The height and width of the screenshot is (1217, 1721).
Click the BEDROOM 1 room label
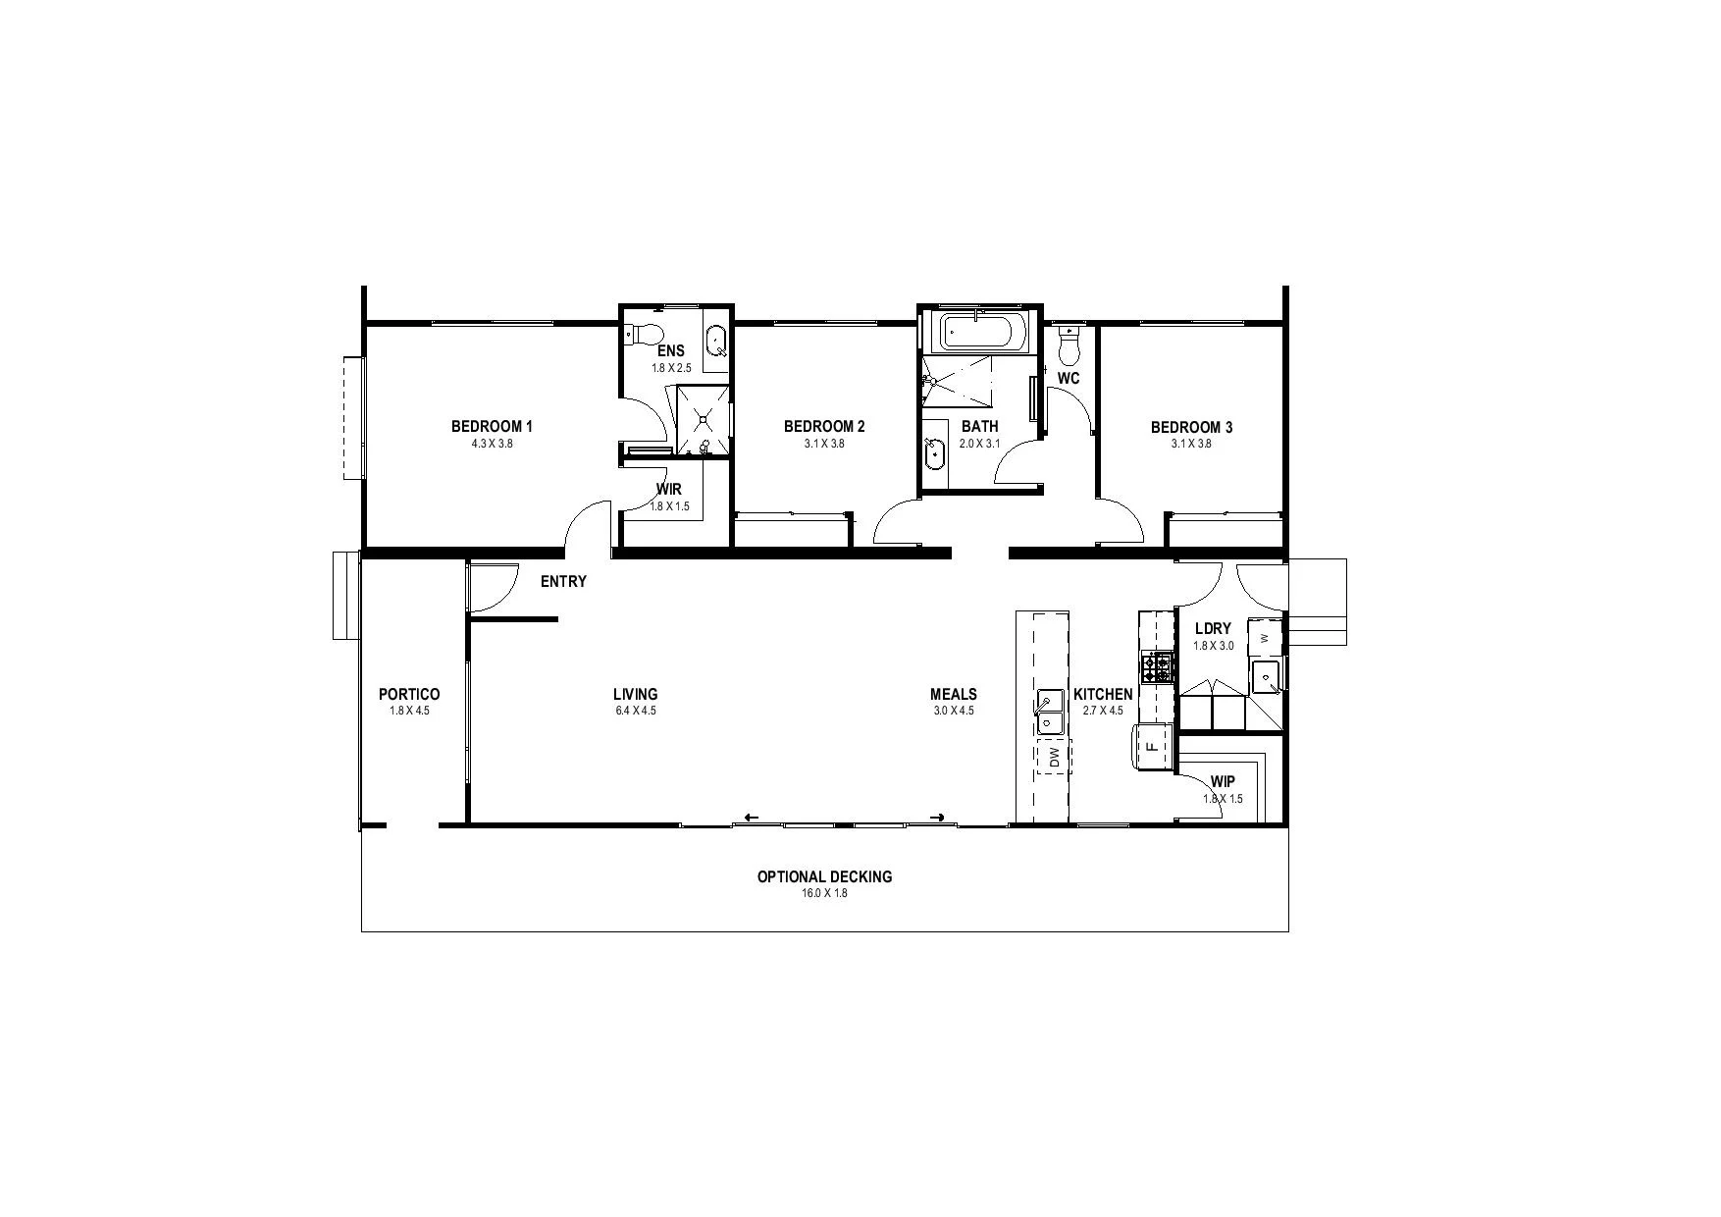492,426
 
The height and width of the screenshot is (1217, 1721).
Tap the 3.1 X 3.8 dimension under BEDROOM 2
824,444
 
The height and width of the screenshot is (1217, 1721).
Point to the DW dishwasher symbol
1054,757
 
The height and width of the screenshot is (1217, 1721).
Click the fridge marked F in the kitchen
1153,747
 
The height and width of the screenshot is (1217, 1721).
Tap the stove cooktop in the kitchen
1159,667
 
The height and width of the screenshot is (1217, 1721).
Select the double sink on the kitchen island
1049,712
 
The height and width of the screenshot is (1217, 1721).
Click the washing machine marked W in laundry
1265,638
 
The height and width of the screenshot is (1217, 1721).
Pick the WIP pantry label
1223,781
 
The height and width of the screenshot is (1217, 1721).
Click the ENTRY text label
563,582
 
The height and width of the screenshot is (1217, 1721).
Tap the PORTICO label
409,694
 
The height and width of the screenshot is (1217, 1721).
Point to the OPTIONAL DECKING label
824,876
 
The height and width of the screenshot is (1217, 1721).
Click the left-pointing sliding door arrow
752,817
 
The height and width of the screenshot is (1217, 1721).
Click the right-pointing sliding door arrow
937,817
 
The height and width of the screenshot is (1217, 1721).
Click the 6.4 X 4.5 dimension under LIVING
635,711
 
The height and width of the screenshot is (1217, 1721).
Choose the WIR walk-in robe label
669,489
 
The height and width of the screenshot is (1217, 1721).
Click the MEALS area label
953,694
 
